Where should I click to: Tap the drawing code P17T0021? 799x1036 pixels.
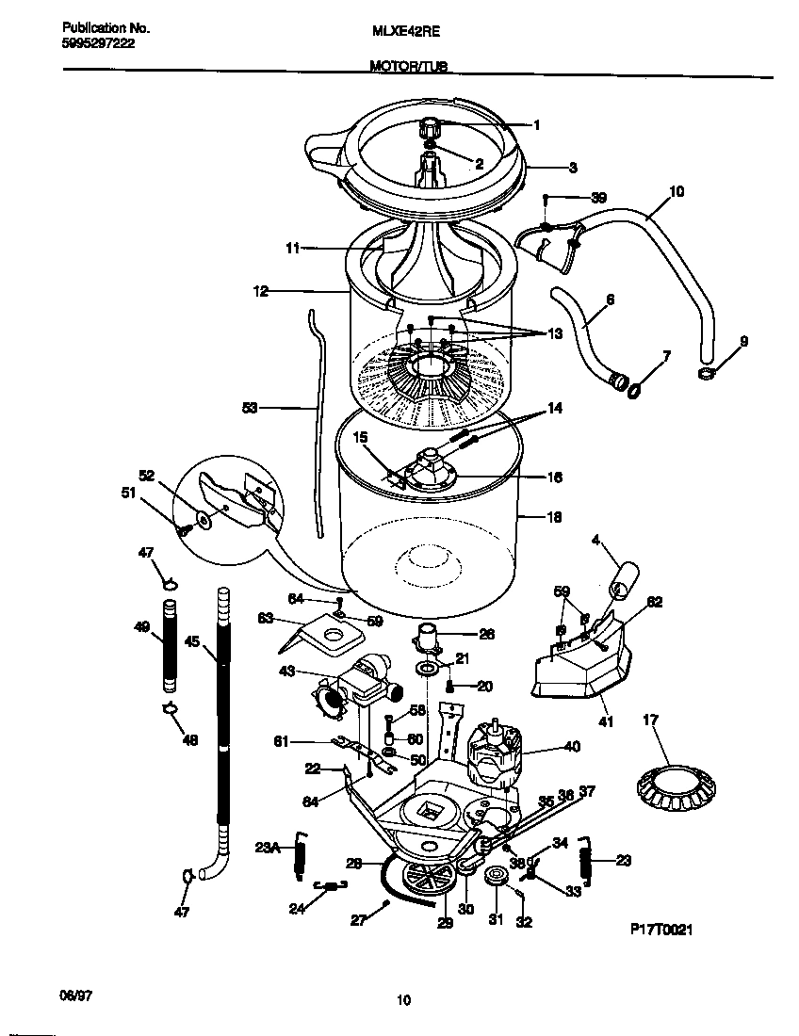661,930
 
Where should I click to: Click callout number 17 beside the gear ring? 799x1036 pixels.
649,721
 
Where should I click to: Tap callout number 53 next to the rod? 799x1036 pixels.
250,408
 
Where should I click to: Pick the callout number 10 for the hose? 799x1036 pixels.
677,191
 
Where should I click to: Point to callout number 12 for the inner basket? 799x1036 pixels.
261,292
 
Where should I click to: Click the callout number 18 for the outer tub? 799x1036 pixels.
554,516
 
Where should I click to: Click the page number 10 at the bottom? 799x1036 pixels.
403,1000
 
